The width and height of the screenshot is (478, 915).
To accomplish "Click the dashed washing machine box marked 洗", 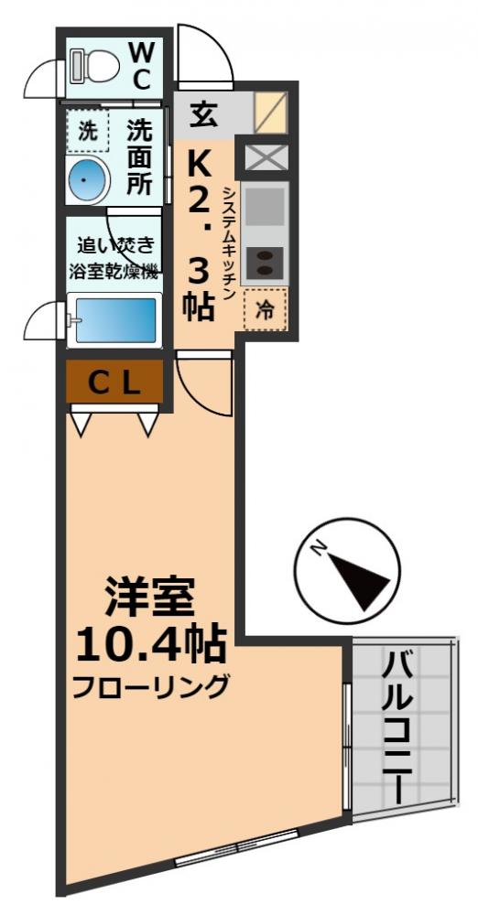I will coord(87,131).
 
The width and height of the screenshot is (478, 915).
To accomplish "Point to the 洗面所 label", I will coord(140,156).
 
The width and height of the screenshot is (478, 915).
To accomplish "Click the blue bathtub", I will coord(114,320).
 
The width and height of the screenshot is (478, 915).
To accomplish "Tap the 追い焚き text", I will coord(114,245).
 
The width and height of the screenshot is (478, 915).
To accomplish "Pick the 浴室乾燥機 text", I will coord(114,272).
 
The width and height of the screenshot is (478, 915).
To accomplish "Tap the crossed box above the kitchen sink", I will coord(266,157).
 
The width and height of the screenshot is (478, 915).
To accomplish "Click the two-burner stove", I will coord(266,263).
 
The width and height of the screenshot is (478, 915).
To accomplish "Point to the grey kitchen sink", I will coord(266,206).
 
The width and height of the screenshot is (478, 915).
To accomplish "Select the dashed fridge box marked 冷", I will coord(266,309).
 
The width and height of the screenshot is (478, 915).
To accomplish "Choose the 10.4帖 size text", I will coord(151,647).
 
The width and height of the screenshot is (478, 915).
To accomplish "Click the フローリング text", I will coord(151,686).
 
